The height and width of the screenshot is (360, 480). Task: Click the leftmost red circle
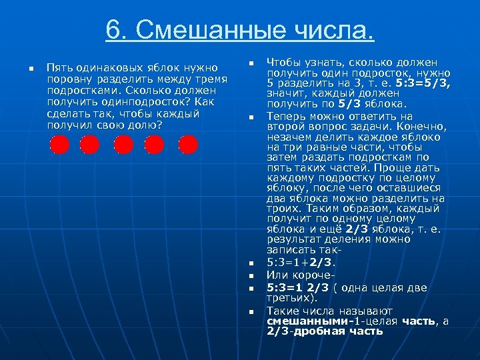tap(60, 144)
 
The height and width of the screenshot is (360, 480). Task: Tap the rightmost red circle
tap(189, 144)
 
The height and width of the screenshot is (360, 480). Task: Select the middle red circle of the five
tap(123, 144)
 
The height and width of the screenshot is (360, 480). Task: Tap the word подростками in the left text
tap(76, 91)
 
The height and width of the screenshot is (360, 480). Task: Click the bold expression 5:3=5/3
tap(425, 83)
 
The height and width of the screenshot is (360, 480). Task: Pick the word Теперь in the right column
tap(286, 115)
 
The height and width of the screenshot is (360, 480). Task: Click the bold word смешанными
tap(300, 321)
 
